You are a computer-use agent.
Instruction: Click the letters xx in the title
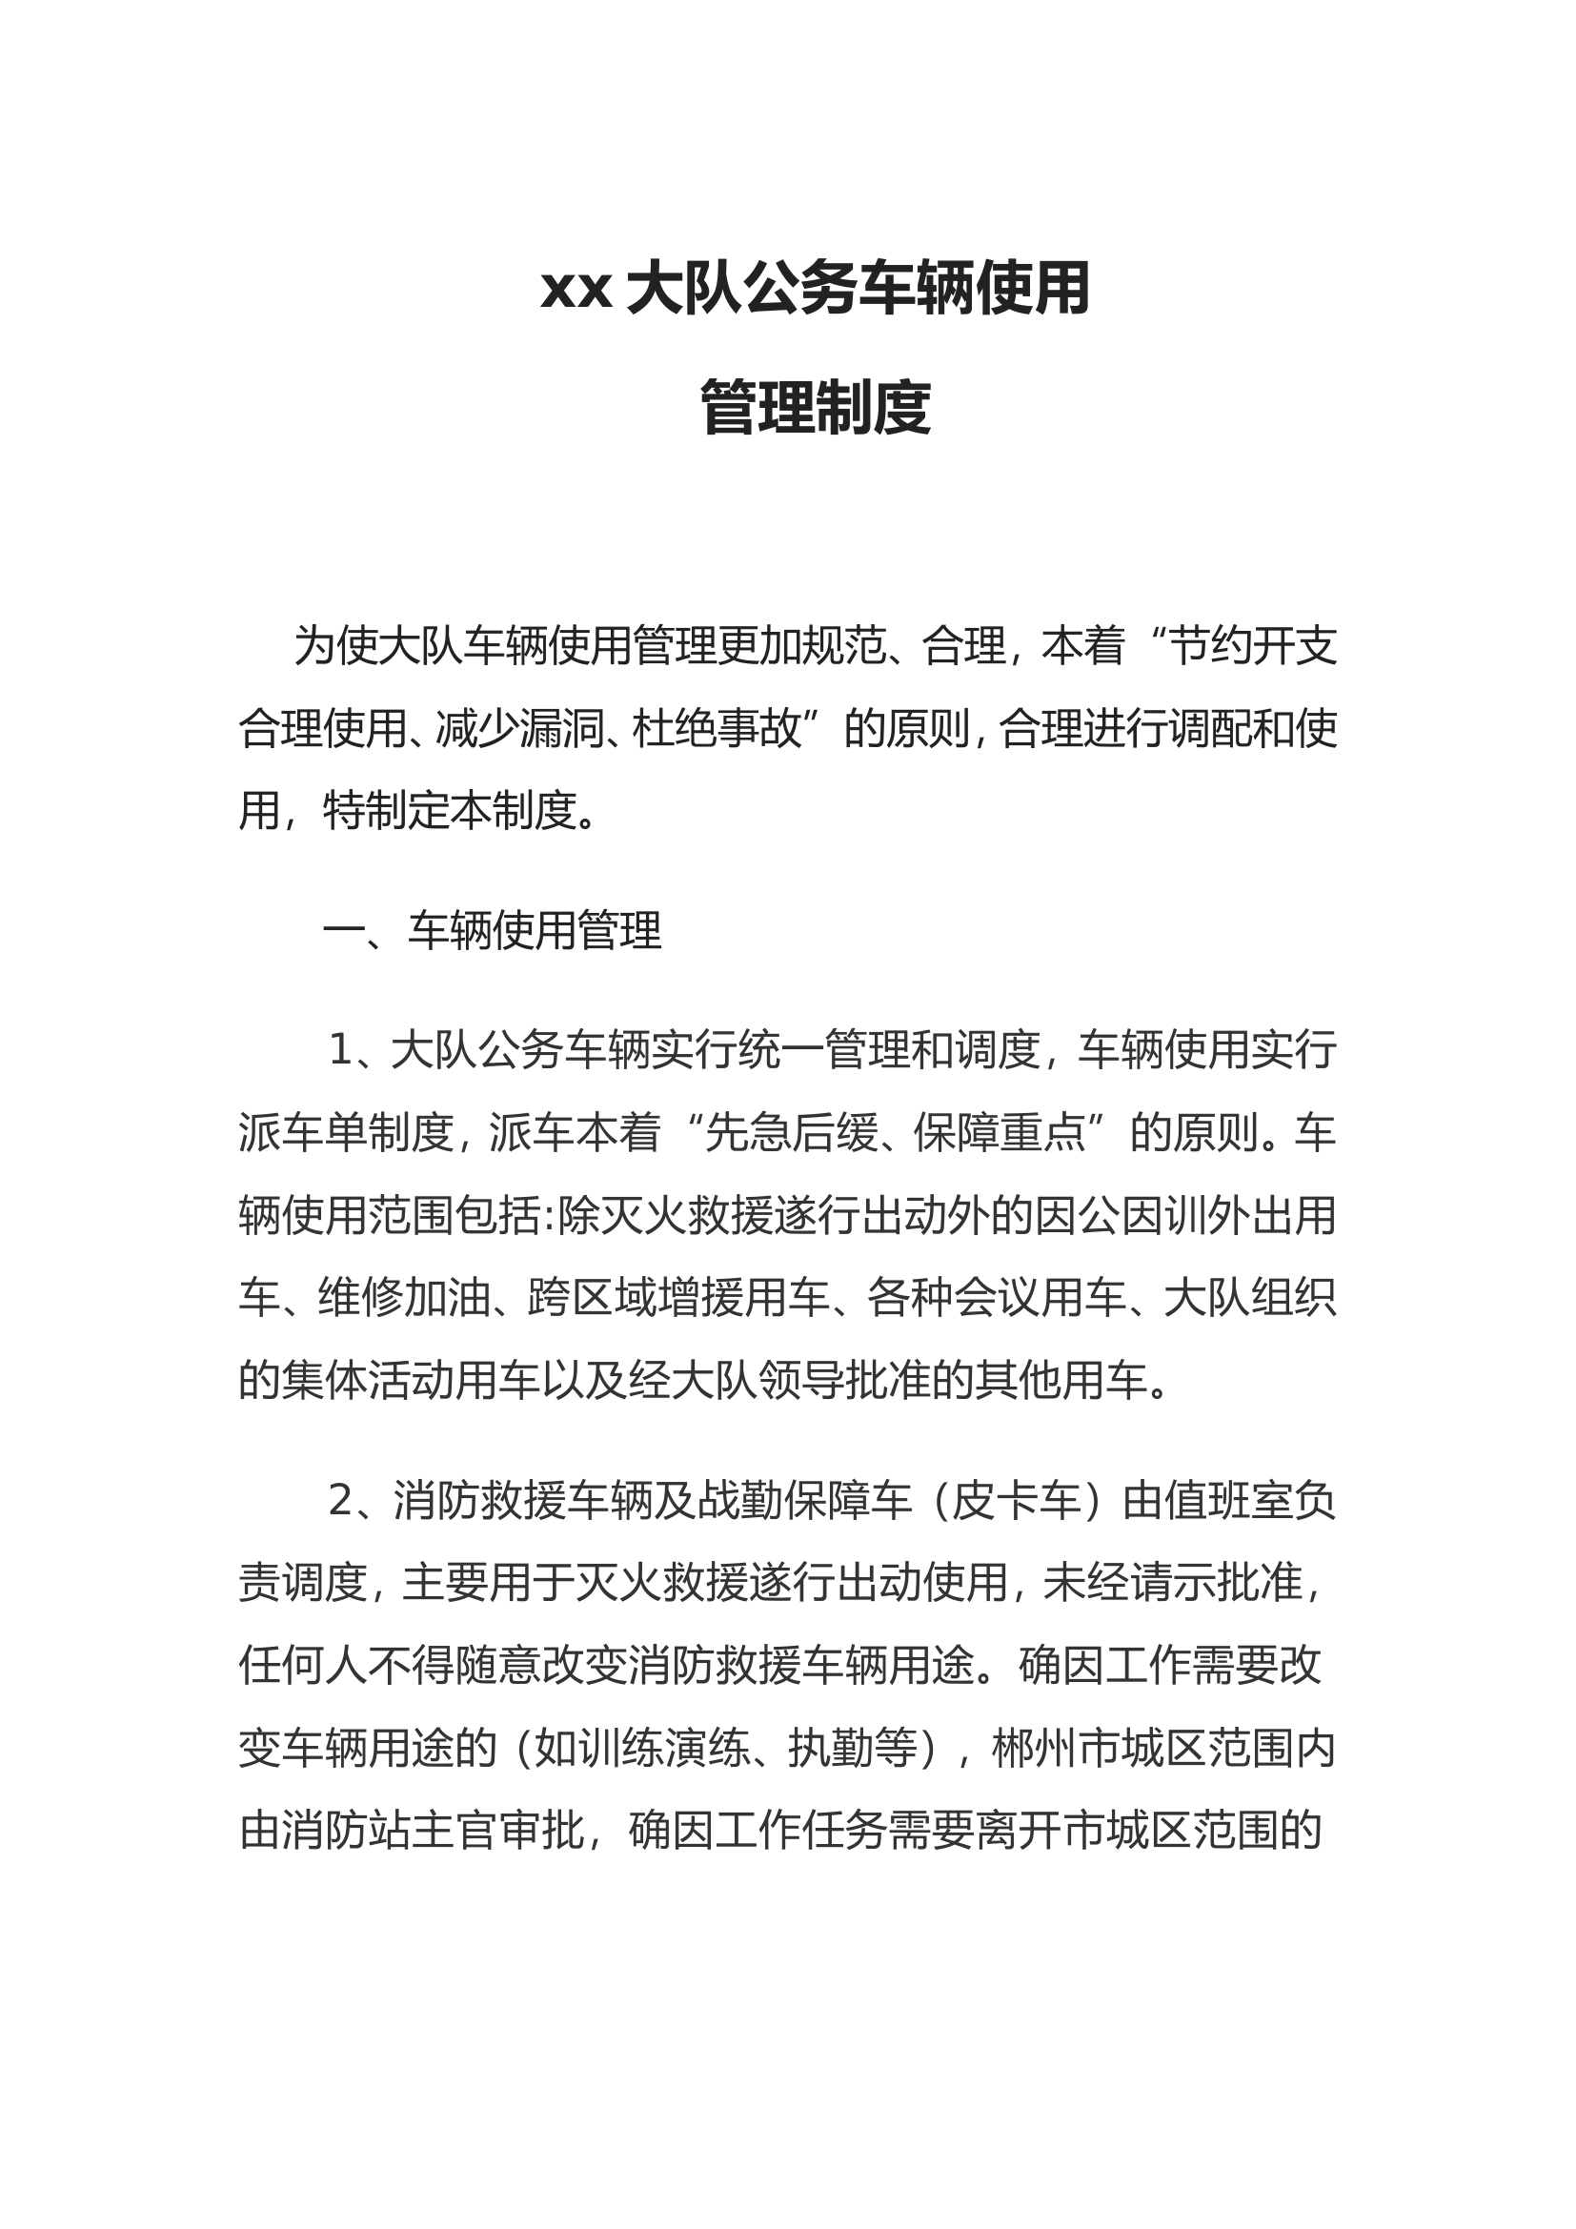coord(576,291)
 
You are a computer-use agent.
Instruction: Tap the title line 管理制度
coord(816,408)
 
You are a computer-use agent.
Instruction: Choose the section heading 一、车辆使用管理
coord(492,930)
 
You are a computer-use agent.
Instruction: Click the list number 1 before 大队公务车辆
coord(339,1049)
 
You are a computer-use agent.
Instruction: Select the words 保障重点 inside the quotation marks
coord(999,1132)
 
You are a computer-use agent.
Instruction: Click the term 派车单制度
coord(347,1132)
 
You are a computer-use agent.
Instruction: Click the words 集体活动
coord(367,1380)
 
